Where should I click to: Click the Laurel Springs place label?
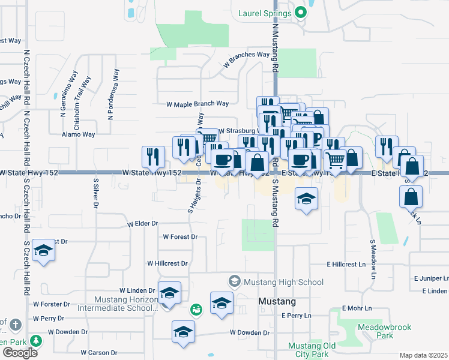point(264,12)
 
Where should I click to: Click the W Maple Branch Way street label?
point(197,104)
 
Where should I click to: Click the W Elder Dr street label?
point(143,224)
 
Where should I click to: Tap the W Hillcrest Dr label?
point(167,263)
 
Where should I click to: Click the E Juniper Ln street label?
point(431,279)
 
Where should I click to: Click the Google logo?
point(20,352)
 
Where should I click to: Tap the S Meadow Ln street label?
point(372,259)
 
